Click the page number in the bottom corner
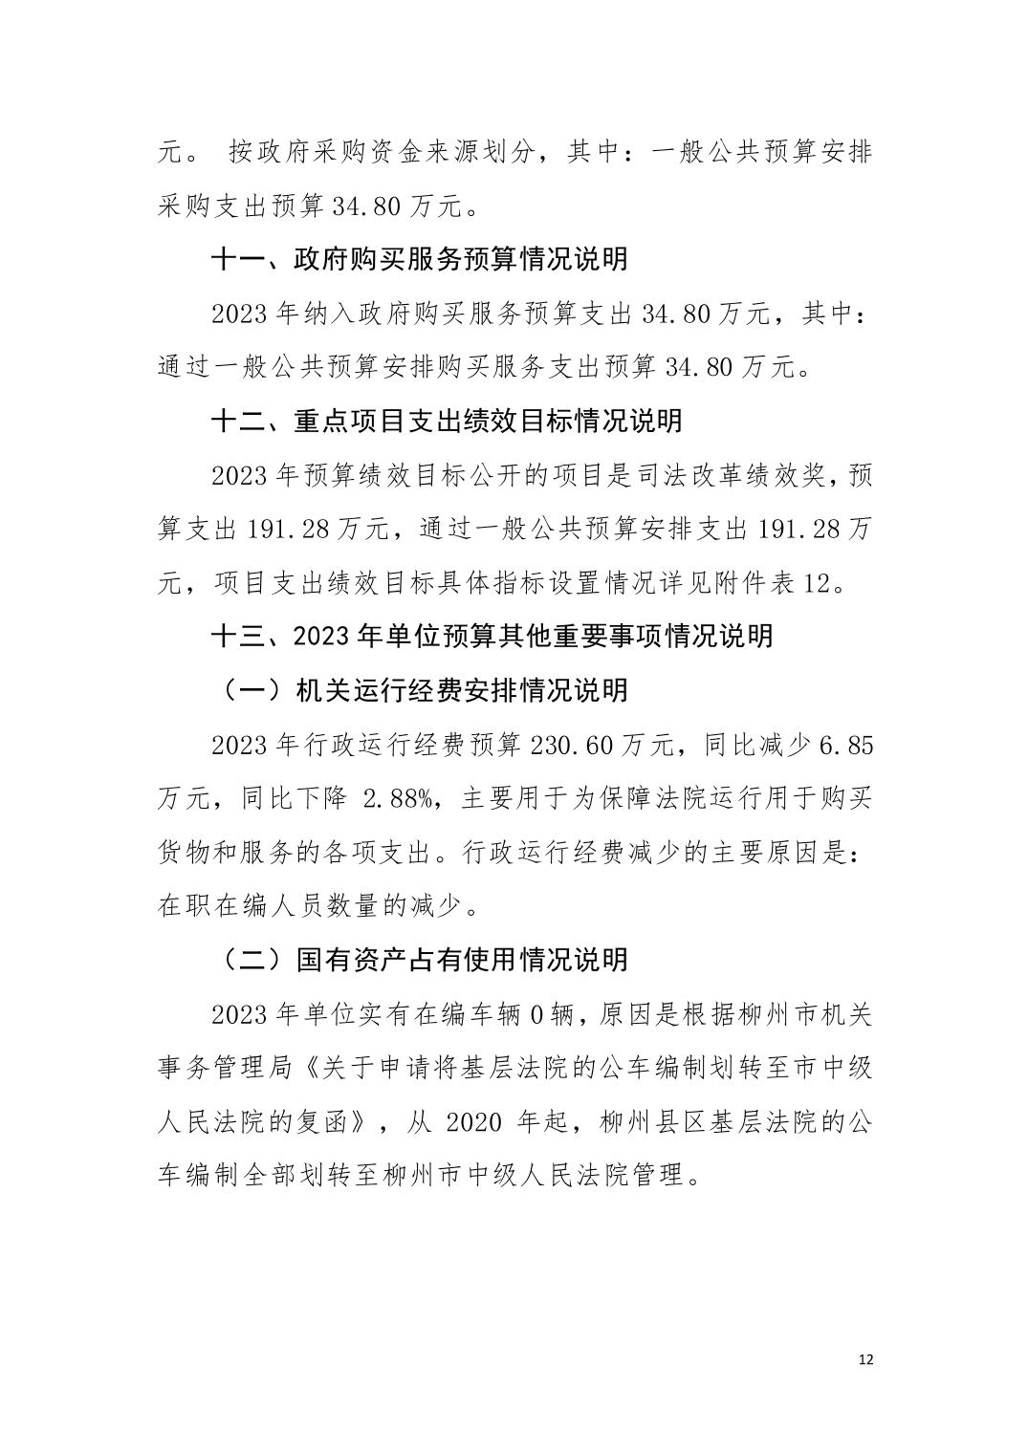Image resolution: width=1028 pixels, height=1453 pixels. coord(867,1360)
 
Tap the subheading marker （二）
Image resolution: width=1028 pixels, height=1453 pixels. coord(252,960)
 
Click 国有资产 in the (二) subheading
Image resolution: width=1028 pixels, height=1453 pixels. coord(336,960)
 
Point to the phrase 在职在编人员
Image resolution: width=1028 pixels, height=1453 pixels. coord(228,904)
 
